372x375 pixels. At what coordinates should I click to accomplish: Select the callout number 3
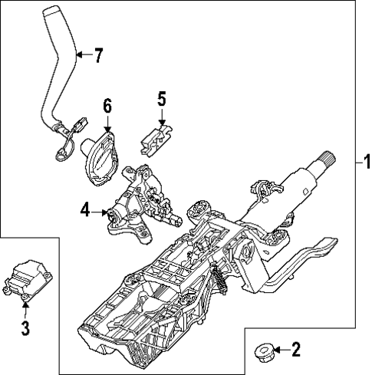[25, 329]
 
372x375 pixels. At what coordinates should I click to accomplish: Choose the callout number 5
[162, 98]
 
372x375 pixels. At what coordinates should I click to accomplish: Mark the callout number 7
[97, 54]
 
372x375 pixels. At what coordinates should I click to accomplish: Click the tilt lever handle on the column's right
[314, 252]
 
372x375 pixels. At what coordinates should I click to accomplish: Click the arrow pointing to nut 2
[279, 351]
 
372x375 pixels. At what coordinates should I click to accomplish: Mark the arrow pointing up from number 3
[25, 311]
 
